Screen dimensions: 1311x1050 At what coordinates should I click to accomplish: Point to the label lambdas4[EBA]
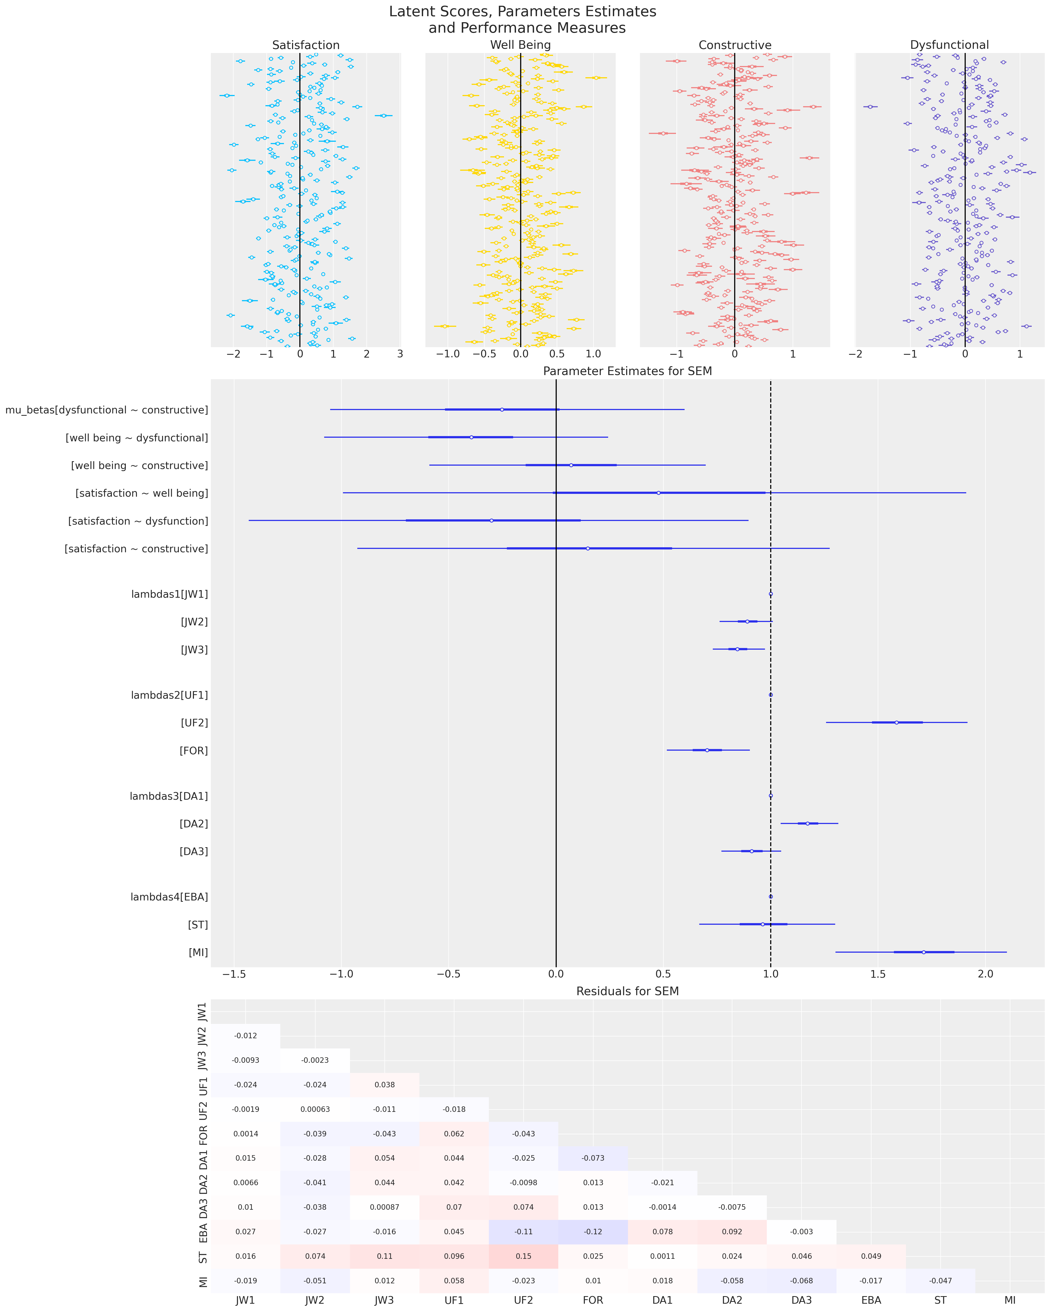coord(169,897)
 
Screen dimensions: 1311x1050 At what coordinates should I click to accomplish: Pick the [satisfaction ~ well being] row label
coord(142,493)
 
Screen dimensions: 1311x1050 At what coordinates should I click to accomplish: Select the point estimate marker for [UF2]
coord(896,722)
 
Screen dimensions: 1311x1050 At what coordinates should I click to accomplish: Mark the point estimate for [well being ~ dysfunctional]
coord(471,437)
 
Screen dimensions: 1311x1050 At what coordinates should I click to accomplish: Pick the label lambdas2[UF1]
coord(169,695)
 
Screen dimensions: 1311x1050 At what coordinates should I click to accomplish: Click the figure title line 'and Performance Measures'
coord(526,28)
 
